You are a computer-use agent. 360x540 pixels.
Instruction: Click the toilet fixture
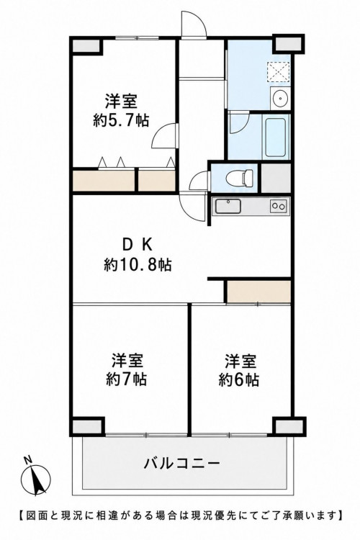240,178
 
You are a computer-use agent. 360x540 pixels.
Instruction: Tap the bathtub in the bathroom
275,137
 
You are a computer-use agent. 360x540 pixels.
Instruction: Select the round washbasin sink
280,99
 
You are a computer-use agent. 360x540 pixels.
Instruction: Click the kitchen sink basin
228,207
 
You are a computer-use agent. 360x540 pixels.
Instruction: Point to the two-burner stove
279,207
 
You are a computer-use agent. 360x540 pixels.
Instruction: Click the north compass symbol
36,478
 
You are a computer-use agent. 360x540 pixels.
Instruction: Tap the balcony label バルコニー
181,463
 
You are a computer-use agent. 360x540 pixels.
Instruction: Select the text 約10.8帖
138,265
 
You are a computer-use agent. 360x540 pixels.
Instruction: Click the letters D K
137,246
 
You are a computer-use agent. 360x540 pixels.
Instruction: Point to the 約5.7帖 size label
121,120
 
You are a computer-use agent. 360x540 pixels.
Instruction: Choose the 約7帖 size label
127,379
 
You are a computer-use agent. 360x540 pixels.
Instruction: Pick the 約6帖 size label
239,379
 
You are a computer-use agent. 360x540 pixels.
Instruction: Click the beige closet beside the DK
258,292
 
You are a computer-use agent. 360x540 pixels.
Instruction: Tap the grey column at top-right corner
288,44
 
